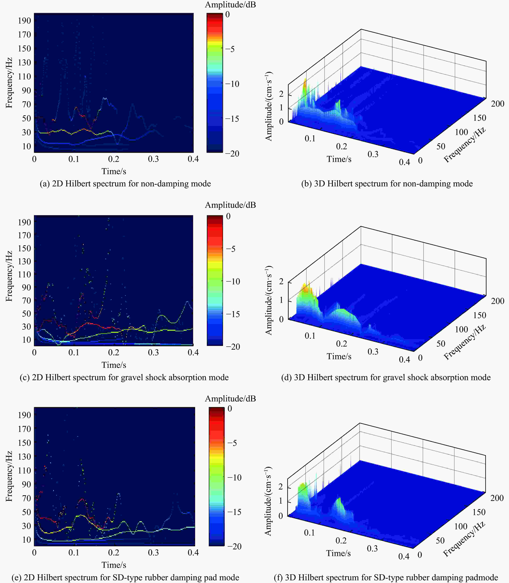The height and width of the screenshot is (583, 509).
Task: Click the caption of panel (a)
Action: coord(125,184)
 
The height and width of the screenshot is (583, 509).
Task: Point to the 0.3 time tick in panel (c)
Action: coord(153,352)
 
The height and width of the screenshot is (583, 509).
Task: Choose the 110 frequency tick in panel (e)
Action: coord(24,470)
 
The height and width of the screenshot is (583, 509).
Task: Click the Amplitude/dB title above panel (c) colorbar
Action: coord(230,205)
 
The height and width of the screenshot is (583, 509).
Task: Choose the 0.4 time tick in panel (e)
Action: coord(193,553)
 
